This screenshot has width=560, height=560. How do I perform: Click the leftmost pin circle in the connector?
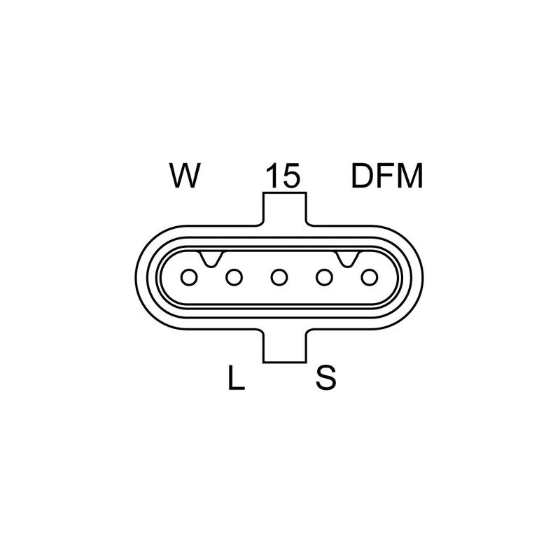(x=189, y=277)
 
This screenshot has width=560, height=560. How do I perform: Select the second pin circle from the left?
(x=234, y=277)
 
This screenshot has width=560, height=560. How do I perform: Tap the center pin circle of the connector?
(x=279, y=277)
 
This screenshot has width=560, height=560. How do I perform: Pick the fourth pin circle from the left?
(x=324, y=277)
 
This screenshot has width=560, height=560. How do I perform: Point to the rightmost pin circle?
(x=370, y=277)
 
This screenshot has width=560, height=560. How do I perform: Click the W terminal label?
(x=185, y=176)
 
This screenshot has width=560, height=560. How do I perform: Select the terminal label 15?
(x=283, y=176)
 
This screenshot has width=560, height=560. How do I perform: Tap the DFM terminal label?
(x=388, y=176)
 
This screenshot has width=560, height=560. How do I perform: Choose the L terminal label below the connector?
(x=236, y=377)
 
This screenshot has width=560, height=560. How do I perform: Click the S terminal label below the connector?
(x=326, y=377)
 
